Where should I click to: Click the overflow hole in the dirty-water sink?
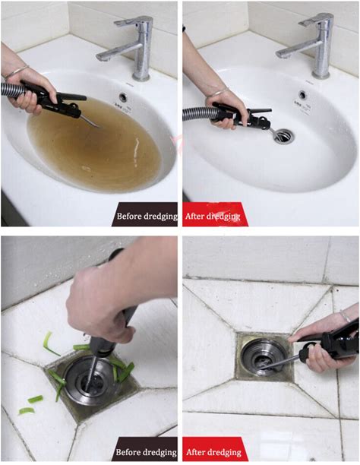pyautogui.click(x=123, y=96)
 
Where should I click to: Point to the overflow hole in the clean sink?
pyautogui.click(x=302, y=95)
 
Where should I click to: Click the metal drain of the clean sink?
pyautogui.click(x=284, y=136)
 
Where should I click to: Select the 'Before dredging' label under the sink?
pyautogui.click(x=147, y=217)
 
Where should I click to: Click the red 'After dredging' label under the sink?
pyautogui.click(x=213, y=217)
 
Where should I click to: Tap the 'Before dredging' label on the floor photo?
pyautogui.click(x=146, y=452)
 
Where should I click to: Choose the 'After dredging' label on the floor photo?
pyautogui.click(x=213, y=452)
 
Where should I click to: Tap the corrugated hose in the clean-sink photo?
pyautogui.click(x=197, y=113)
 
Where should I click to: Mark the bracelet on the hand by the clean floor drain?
pyautogui.click(x=346, y=316)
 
